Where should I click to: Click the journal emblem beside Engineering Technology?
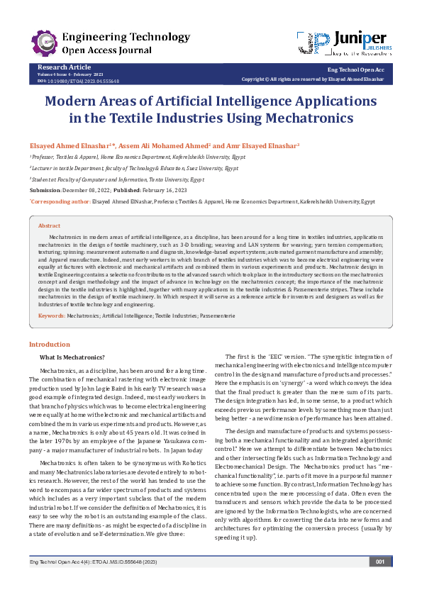[44, 43]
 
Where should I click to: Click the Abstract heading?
[50, 225]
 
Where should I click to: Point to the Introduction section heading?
[49, 344]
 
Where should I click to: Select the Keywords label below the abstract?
[51, 314]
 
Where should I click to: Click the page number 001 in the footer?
[380, 581]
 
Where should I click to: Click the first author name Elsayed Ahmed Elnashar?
[70, 145]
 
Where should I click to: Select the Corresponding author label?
[60, 201]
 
